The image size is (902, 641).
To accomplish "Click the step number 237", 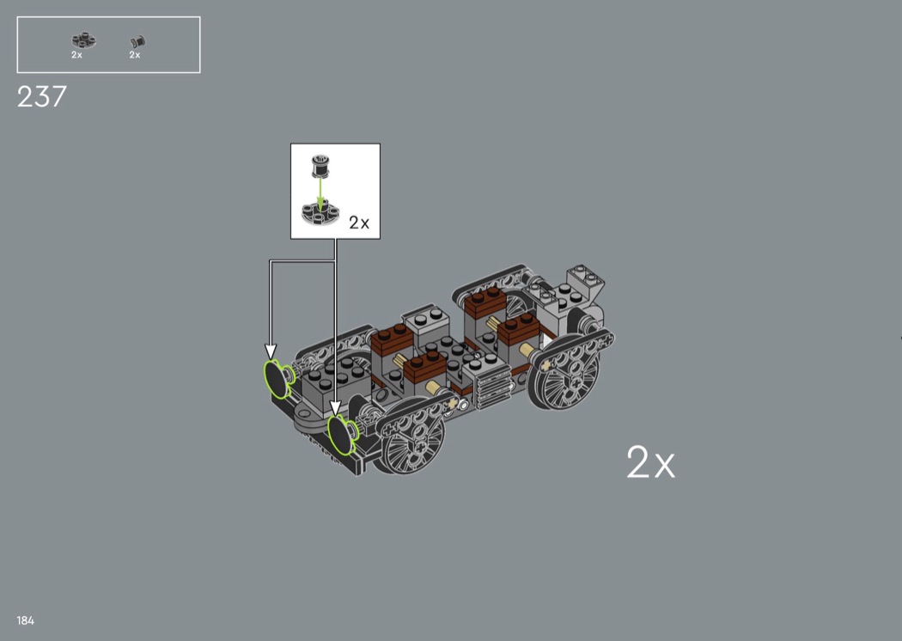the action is click(42, 97).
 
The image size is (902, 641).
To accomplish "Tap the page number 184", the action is click(25, 620).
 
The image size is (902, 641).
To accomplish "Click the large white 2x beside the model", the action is click(650, 461).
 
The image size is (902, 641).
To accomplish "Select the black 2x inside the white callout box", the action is click(359, 222).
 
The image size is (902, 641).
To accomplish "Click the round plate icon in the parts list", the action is click(83, 40).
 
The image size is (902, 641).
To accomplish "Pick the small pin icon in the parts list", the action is click(137, 42).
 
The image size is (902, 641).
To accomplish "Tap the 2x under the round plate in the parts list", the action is click(76, 55).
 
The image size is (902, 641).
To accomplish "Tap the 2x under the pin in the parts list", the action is click(135, 55).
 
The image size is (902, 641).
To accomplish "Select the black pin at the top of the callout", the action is click(320, 166).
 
